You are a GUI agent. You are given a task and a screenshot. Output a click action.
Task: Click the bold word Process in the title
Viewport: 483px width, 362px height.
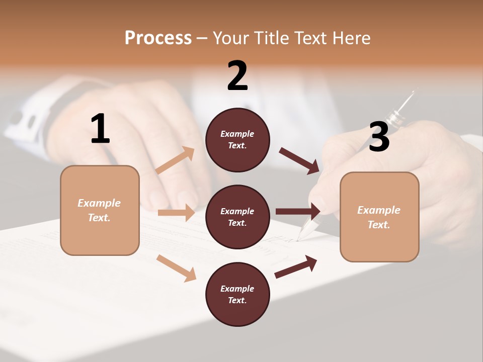pyautogui.click(x=158, y=38)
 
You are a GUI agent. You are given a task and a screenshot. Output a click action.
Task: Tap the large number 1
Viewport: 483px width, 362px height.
pyautogui.click(x=100, y=129)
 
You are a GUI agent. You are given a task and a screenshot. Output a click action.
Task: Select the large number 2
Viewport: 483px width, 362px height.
pyautogui.click(x=237, y=76)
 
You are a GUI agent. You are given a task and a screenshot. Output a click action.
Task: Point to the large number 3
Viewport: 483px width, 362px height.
pyautogui.click(x=379, y=137)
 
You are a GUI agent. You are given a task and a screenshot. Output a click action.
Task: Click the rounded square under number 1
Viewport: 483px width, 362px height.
pyautogui.click(x=100, y=210)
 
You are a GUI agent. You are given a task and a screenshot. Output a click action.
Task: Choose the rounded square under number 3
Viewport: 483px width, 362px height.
pyautogui.click(x=379, y=217)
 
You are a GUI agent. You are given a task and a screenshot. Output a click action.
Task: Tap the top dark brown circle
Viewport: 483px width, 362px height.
pyautogui.click(x=237, y=140)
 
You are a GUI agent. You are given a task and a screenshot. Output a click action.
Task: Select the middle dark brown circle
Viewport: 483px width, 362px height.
pyautogui.click(x=237, y=217)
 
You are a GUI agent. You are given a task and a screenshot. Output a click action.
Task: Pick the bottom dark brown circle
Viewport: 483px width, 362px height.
pyautogui.click(x=237, y=294)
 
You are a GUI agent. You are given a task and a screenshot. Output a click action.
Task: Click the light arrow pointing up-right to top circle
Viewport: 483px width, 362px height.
pyautogui.click(x=175, y=160)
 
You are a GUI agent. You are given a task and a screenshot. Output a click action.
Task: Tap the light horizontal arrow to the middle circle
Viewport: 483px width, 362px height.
pyautogui.click(x=176, y=213)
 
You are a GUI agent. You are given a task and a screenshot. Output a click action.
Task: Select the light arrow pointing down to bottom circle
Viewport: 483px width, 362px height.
pyautogui.click(x=176, y=268)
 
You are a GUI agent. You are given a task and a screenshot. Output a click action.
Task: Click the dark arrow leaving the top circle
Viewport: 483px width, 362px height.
pyautogui.click(x=299, y=161)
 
